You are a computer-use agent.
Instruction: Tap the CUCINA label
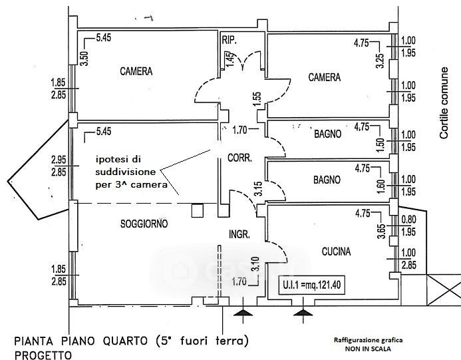tap(336, 251)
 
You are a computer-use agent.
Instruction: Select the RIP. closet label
tap(230, 40)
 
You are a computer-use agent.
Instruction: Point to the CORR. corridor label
tap(239, 158)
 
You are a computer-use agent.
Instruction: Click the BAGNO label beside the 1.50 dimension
tap(328, 134)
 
